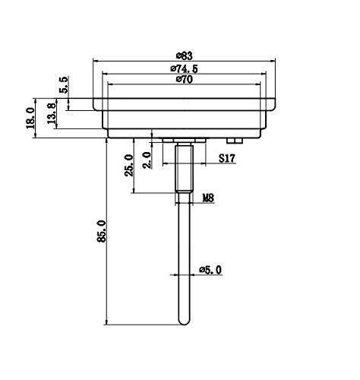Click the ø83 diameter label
(x=185, y=55)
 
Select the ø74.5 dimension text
(x=184, y=68)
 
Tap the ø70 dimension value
(x=185, y=79)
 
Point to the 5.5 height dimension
(x=64, y=85)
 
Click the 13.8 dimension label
(x=52, y=113)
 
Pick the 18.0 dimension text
(x=30, y=118)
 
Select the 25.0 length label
(x=128, y=165)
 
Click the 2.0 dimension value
(x=147, y=160)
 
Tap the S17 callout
(x=227, y=158)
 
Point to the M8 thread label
(x=208, y=198)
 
